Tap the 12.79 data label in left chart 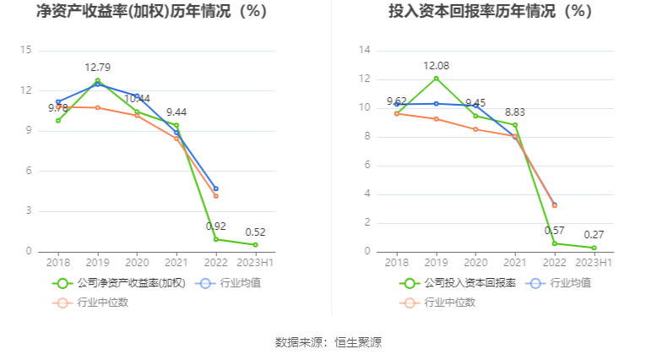pyautogui.click(x=97, y=67)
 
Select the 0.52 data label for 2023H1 pyautogui.click(x=255, y=232)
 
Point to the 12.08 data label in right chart pyautogui.click(x=436, y=65)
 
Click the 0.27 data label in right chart pyautogui.click(x=594, y=235)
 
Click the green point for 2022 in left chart pyautogui.click(x=215, y=239)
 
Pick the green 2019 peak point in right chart pyautogui.click(x=436, y=79)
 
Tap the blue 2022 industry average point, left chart pyautogui.click(x=215, y=188)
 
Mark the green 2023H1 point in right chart pyautogui.click(x=594, y=248)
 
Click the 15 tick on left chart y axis pyautogui.click(x=26, y=51)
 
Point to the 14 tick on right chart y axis pyautogui.click(x=365, y=51)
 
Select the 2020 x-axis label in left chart pyautogui.click(x=137, y=262)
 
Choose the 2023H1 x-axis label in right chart pyautogui.click(x=594, y=262)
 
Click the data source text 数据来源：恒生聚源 pyautogui.click(x=328, y=342)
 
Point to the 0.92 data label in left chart pyautogui.click(x=215, y=226)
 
